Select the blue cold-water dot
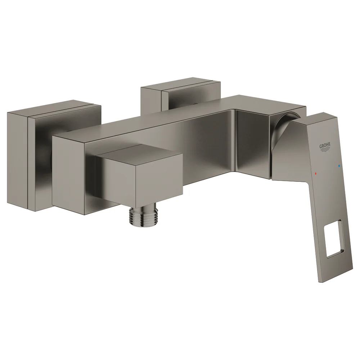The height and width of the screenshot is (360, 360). [339, 165]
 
